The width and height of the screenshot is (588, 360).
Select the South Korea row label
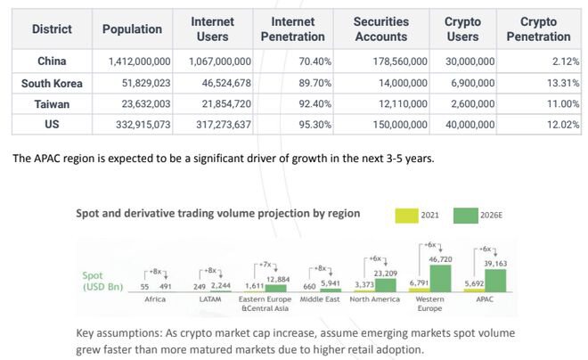pyautogui.click(x=52, y=83)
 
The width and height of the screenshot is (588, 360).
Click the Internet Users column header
pyautogui.click(x=212, y=29)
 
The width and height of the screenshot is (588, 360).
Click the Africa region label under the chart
pyautogui.click(x=156, y=300)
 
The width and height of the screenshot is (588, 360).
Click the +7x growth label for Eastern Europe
pyautogui.click(x=265, y=265)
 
